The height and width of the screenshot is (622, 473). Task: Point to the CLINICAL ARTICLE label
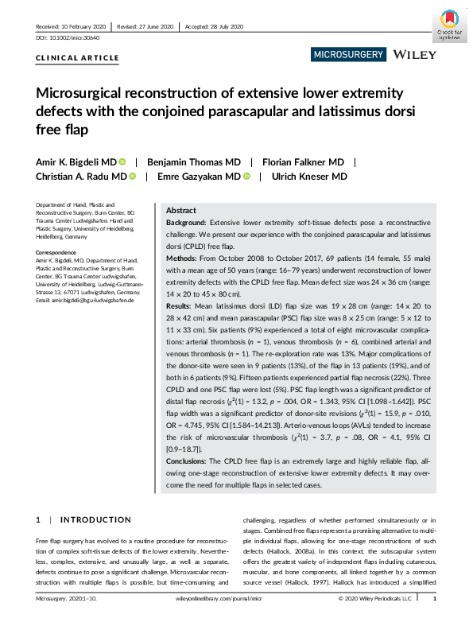coord(78,58)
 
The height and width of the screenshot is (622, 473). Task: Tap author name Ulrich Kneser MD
coord(308,177)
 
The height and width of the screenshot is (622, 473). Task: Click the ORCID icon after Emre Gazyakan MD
coord(248,177)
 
